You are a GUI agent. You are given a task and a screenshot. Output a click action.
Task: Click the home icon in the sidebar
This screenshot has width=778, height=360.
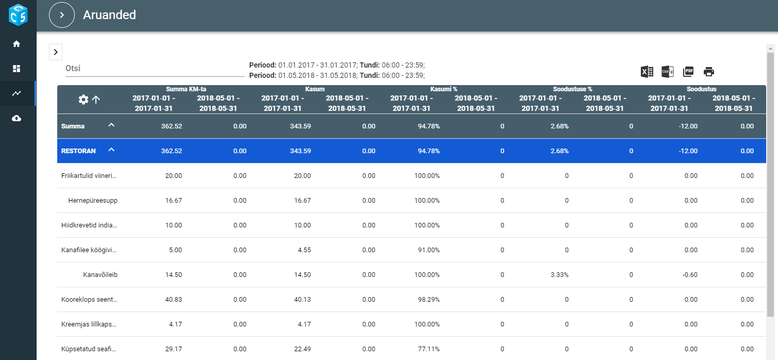click(x=16, y=44)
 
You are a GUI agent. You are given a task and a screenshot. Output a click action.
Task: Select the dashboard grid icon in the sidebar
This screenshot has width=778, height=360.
click(x=16, y=69)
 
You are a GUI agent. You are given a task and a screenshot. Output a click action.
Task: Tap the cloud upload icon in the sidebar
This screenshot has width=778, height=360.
click(x=16, y=118)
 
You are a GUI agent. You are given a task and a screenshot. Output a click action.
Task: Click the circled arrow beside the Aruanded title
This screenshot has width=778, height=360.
click(x=62, y=15)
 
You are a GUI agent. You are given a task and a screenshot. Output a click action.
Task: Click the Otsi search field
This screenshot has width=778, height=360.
click(x=155, y=69)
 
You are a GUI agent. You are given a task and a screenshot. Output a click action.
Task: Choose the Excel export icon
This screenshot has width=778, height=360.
click(x=647, y=72)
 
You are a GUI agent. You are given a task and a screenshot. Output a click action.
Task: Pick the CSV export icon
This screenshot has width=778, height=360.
click(x=668, y=72)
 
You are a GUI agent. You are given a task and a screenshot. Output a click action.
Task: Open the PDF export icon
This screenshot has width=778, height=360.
click(x=688, y=72)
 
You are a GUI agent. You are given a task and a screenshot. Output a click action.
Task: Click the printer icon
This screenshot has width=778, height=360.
click(x=709, y=72)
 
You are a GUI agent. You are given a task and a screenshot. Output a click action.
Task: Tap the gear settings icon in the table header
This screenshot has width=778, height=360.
click(x=84, y=100)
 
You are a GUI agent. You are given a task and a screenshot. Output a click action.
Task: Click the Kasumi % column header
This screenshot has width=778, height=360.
click(x=443, y=89)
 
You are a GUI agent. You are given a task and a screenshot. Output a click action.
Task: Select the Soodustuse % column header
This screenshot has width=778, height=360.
click(x=572, y=89)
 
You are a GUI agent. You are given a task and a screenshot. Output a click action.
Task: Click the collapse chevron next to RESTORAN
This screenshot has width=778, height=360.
click(x=111, y=150)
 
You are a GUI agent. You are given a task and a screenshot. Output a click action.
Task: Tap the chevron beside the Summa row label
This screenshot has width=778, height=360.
click(x=111, y=125)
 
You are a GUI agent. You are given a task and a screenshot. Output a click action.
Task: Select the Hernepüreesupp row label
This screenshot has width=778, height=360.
click(x=93, y=201)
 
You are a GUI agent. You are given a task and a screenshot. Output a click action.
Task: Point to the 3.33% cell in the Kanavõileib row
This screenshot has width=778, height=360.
click(x=559, y=275)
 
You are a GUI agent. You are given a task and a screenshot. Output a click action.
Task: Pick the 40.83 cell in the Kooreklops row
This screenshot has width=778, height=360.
click(x=173, y=300)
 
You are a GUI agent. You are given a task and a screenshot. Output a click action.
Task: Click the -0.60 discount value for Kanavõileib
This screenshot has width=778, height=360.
click(x=690, y=275)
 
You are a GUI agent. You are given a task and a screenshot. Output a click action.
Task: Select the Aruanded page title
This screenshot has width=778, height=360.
click(x=109, y=15)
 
